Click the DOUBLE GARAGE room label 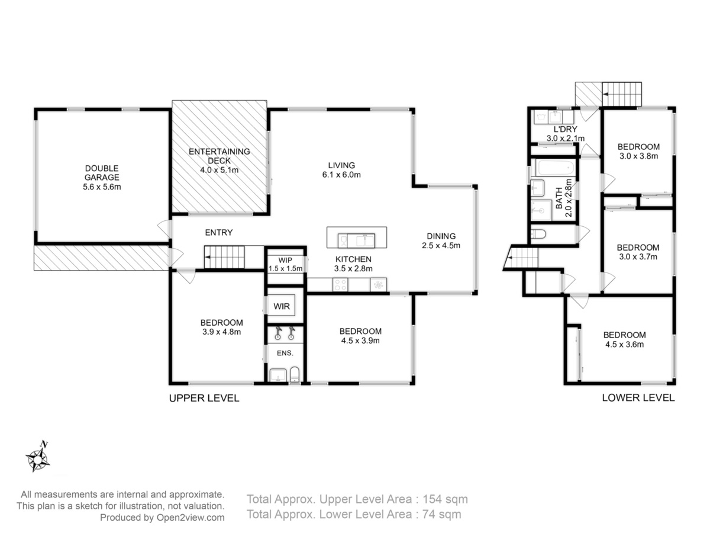102,177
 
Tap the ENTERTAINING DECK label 220,160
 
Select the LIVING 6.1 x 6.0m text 341,170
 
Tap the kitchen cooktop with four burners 340,285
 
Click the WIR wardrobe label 282,306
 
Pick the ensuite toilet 294,375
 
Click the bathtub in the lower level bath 556,168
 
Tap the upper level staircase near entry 224,257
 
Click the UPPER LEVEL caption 204,398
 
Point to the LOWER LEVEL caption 638,398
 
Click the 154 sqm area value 446,499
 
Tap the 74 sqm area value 442,515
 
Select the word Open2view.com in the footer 190,518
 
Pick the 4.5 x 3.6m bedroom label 625,344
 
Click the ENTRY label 219,232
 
